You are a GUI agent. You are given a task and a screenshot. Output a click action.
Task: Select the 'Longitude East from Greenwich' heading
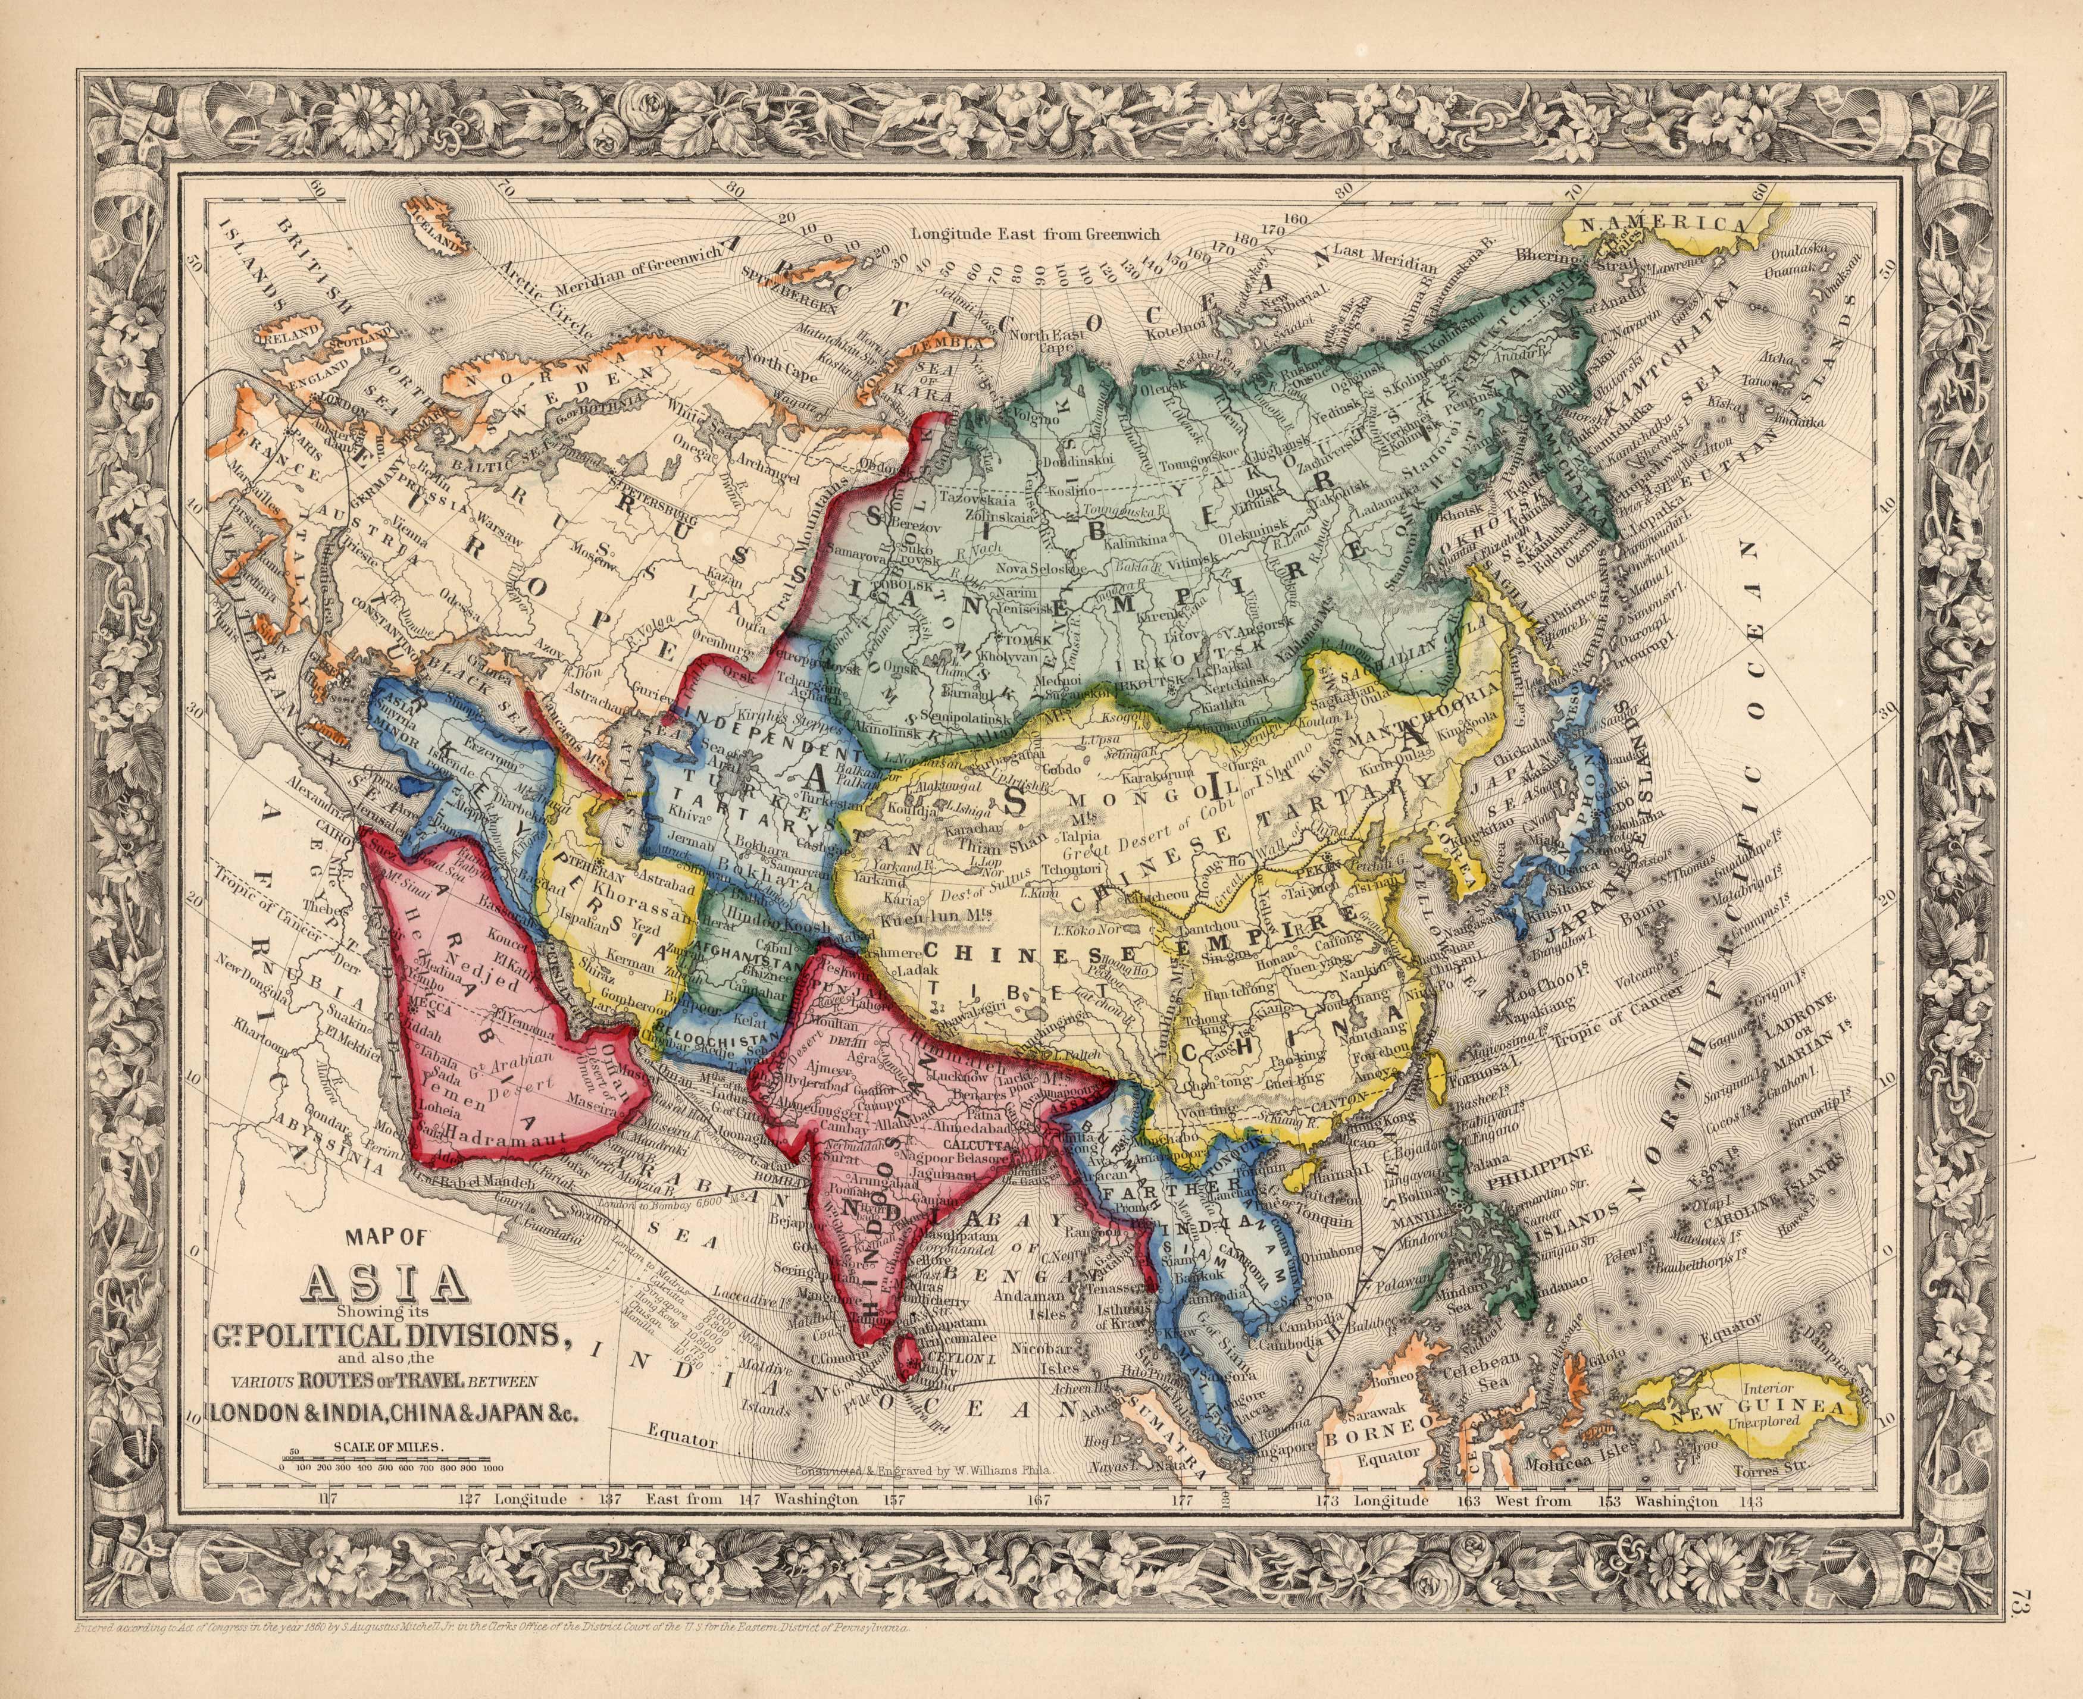coord(1034,234)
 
